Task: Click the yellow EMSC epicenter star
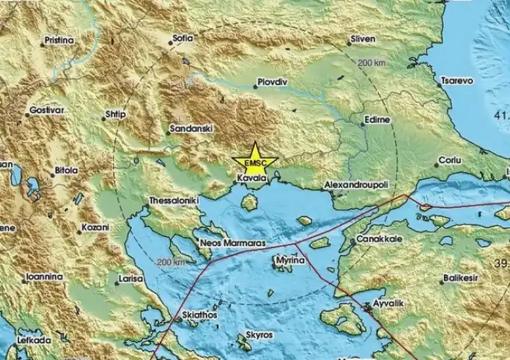254,161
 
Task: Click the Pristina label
59,40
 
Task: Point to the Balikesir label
463,279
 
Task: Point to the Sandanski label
191,128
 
